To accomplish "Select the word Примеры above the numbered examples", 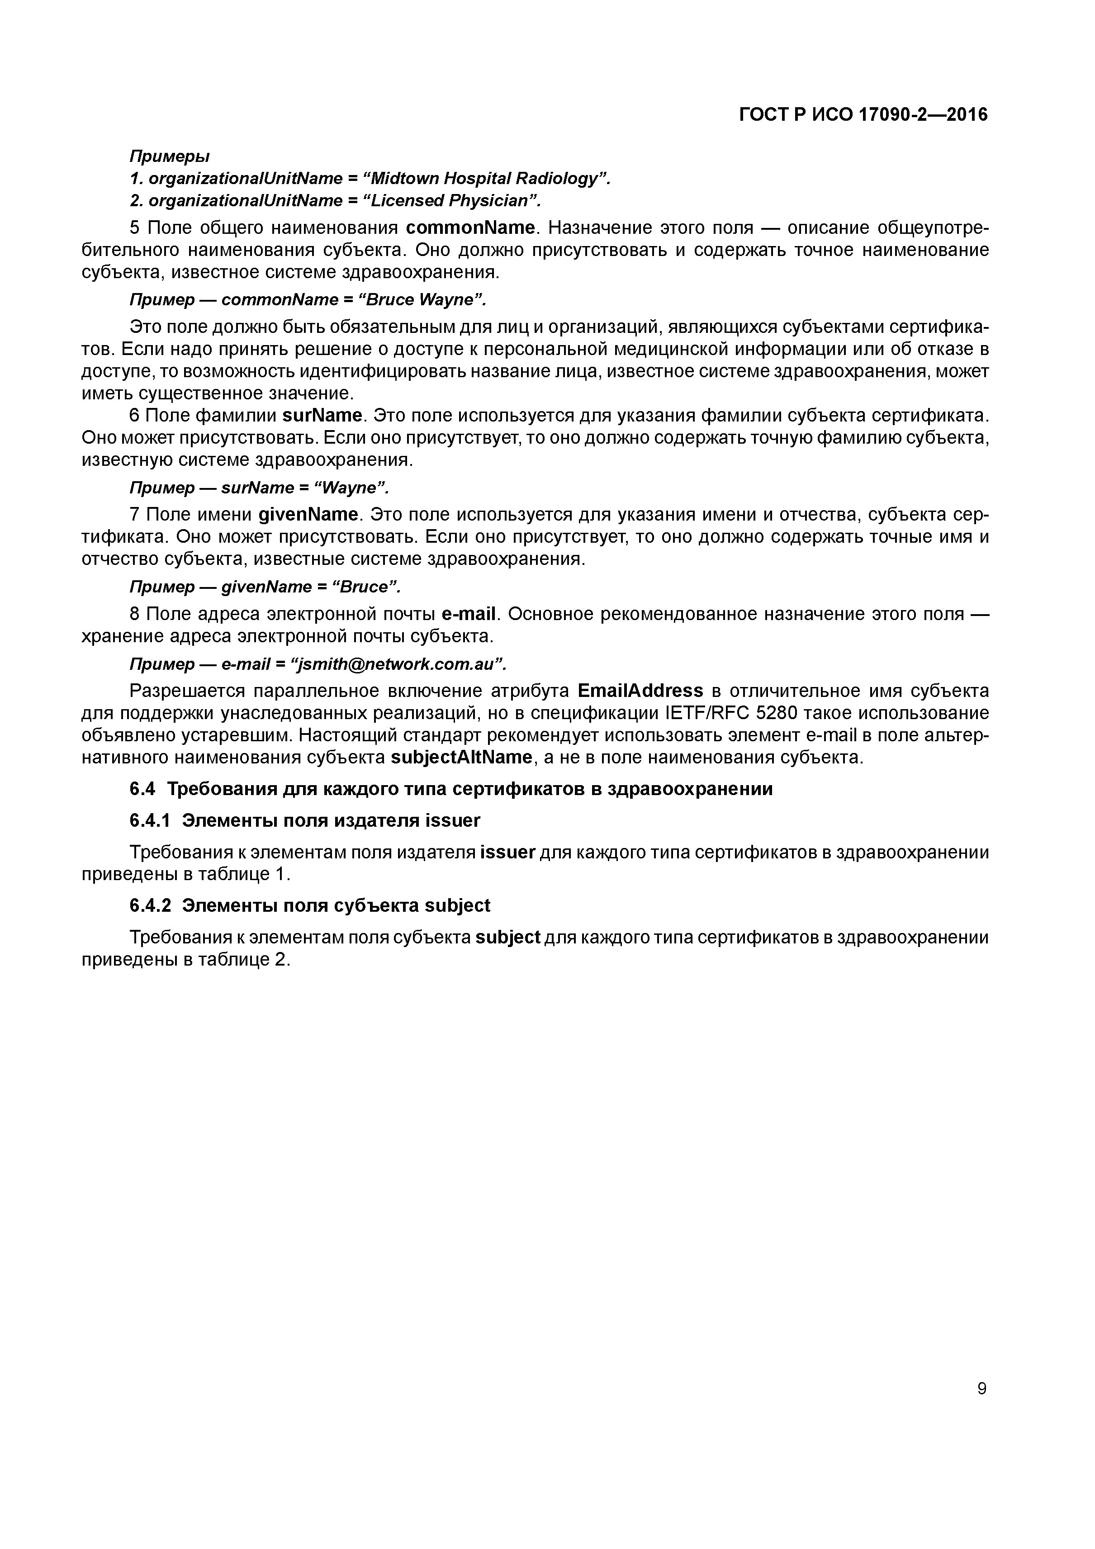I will point(169,156).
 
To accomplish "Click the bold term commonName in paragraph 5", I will point(470,228).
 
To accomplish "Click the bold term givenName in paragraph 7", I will point(308,515).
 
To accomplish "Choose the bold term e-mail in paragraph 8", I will point(468,614).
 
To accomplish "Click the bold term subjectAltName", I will point(462,758).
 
